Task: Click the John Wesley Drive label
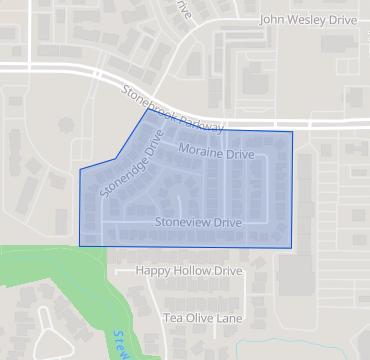(x=308, y=19)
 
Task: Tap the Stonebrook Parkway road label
(x=172, y=107)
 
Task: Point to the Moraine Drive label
(x=216, y=152)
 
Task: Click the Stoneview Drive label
(x=200, y=222)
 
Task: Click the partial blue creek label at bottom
(x=121, y=344)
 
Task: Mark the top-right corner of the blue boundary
(x=293, y=131)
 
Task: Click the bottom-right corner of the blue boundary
(x=293, y=247)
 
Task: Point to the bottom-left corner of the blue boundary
(x=80, y=245)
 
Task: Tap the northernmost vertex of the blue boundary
(x=148, y=109)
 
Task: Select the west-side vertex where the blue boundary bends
(x=80, y=170)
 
